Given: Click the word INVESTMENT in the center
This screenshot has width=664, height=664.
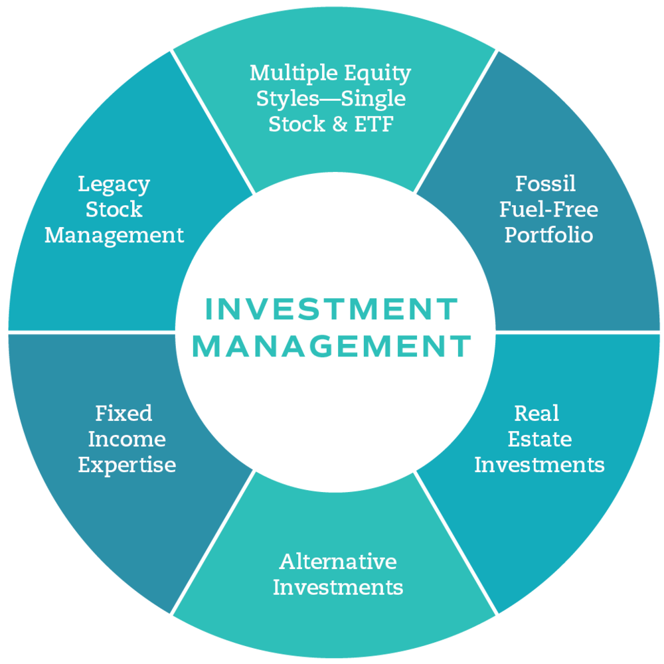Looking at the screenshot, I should pos(331,309).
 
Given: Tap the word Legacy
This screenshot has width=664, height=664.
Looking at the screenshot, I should pos(114,184).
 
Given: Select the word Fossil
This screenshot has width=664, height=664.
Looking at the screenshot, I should pos(546,184).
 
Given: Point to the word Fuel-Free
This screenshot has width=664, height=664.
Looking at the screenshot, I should pos(548,210).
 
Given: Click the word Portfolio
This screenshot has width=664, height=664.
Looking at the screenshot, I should pos(548,235).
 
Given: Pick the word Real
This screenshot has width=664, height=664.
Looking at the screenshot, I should pos(537,414).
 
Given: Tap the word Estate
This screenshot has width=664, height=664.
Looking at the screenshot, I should pos(539,439).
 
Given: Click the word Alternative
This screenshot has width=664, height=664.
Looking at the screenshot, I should pos(338,562).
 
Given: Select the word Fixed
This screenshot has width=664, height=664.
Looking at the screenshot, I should pos(124,414).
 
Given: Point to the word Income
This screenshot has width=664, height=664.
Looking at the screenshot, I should pos(127,439).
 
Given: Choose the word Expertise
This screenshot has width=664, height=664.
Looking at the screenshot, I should pos(127,465).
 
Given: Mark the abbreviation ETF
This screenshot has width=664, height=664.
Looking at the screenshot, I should pos(374,124).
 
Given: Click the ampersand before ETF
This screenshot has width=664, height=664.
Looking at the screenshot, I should pos(340,124).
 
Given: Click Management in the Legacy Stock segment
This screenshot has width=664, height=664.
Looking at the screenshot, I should pos(114,235).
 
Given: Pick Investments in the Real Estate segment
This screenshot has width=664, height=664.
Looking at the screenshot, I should pos(539,465).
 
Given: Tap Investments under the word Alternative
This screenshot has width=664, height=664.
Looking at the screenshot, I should pos(338,588).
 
